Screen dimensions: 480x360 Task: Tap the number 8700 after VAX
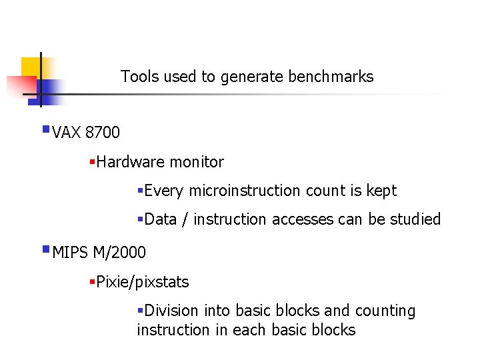pyautogui.click(x=103, y=133)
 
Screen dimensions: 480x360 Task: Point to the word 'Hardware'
pyautogui.click(x=131, y=162)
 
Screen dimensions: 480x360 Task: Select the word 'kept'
pyautogui.click(x=381, y=191)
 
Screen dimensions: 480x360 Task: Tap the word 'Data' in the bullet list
pyautogui.click(x=160, y=219)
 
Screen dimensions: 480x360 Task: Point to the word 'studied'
pyautogui.click(x=414, y=219)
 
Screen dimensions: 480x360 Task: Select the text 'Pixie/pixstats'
pyautogui.click(x=142, y=282)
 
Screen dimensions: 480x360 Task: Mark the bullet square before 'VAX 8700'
pyautogui.click(x=45, y=129)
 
